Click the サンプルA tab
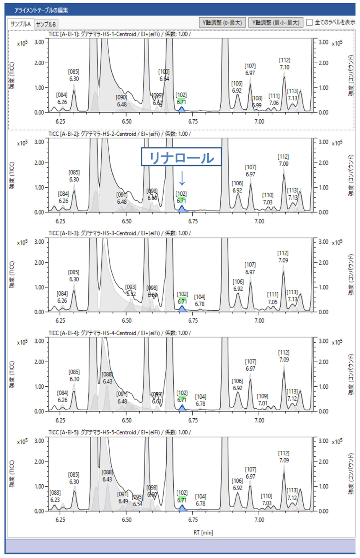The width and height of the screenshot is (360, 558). (x=21, y=24)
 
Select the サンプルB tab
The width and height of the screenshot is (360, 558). (x=46, y=24)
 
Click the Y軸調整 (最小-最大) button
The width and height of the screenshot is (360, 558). (x=276, y=22)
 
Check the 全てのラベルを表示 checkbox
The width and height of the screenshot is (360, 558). (x=310, y=22)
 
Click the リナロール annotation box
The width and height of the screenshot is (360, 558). (x=181, y=157)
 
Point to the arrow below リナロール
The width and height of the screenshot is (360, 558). (x=182, y=179)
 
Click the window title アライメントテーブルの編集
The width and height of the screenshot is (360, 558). (x=41, y=10)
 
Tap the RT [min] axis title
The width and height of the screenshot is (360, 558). (x=203, y=532)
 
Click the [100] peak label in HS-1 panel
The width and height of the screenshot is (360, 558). (x=164, y=72)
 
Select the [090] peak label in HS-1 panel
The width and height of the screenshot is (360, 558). (x=122, y=97)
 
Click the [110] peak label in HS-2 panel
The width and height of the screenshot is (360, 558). (x=268, y=195)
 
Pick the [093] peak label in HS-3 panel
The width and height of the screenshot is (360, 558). (x=131, y=287)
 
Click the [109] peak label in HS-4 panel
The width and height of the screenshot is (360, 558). (x=262, y=396)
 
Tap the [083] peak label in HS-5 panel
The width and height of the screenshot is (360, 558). (x=55, y=493)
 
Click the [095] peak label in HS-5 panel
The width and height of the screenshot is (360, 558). (x=138, y=497)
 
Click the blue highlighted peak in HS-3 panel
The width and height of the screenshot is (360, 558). (x=182, y=309)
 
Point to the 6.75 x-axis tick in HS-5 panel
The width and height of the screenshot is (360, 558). (x=193, y=520)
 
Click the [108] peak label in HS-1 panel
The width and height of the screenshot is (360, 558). (x=257, y=98)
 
